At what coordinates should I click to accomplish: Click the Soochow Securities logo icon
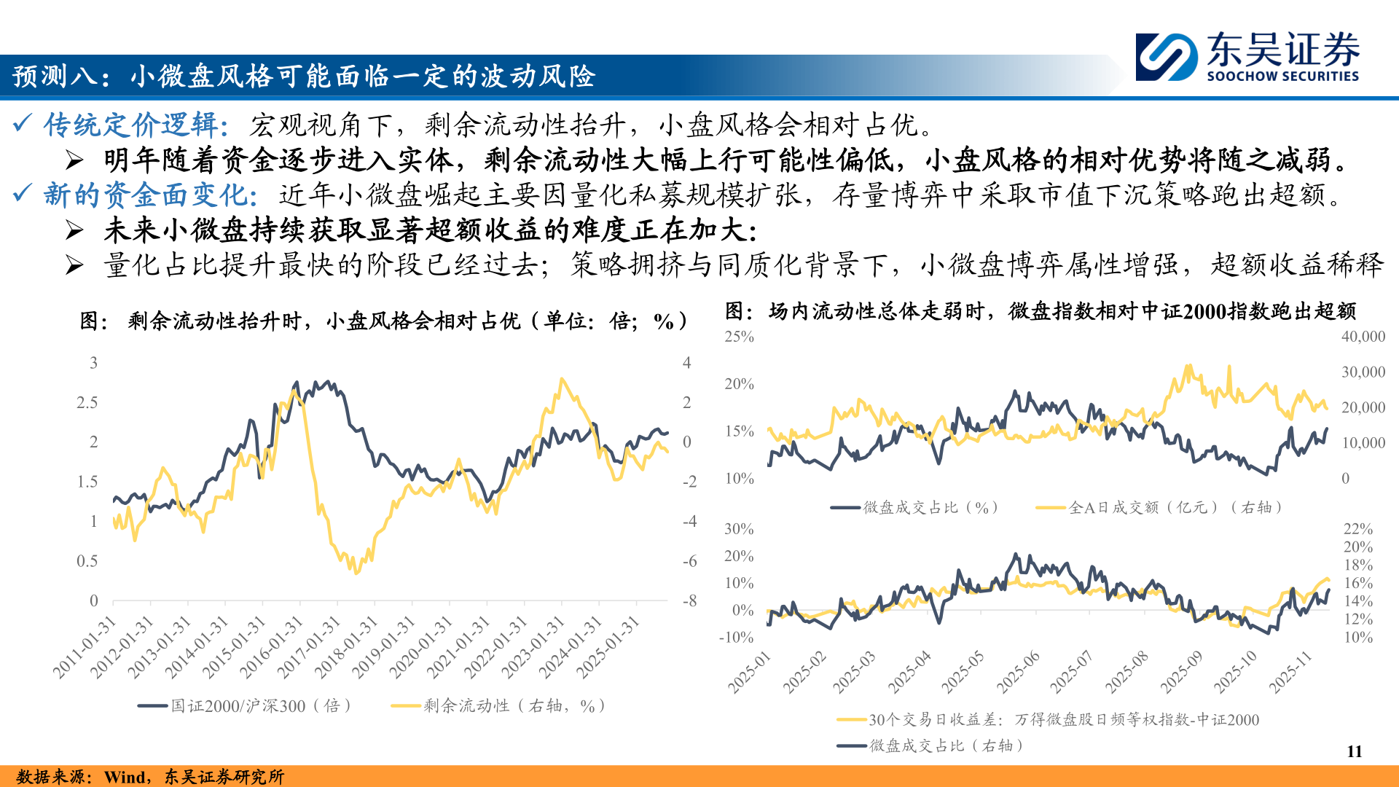tap(1167, 57)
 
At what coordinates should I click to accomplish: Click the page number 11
tap(1355, 751)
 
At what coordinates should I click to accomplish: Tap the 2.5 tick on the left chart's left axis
tap(87, 403)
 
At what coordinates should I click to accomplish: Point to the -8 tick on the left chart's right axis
tap(689, 601)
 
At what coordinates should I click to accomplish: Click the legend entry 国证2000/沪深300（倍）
tap(246, 705)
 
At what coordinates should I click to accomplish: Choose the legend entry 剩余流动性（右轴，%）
tap(499, 705)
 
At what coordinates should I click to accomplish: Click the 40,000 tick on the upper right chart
tap(1363, 337)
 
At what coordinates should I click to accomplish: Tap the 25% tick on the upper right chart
tap(739, 337)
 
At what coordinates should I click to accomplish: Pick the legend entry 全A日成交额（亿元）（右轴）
tap(1159, 507)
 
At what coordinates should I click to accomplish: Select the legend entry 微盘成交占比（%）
tap(914, 507)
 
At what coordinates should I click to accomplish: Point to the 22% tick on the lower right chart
tap(1357, 529)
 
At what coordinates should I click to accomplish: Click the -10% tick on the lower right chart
tap(736, 638)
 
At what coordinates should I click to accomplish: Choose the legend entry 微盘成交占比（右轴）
tap(933, 745)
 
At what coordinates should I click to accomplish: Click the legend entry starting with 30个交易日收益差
tap(1049, 720)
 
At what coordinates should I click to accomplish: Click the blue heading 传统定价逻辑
tap(135, 125)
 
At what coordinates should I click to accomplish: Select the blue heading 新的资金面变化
tap(149, 195)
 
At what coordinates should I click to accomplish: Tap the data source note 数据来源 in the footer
tap(149, 777)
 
